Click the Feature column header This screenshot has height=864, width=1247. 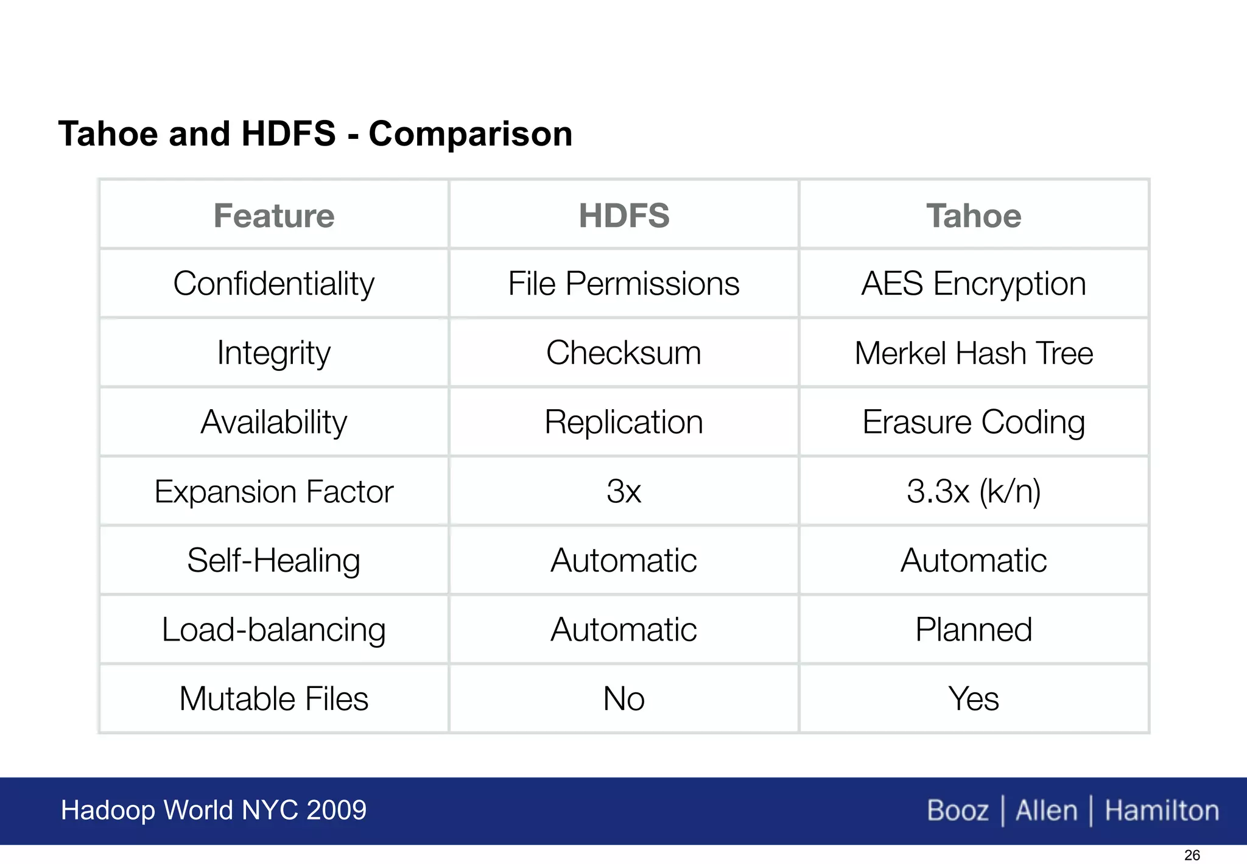(274, 216)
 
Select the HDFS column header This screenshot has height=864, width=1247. (624, 216)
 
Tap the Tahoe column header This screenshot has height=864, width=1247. (974, 216)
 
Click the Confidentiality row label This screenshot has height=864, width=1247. (274, 284)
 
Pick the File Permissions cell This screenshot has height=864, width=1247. (624, 284)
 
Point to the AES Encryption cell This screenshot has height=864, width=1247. (974, 284)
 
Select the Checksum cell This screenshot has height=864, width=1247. (624, 353)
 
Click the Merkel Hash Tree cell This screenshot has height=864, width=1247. (974, 353)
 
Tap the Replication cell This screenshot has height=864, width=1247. (624, 422)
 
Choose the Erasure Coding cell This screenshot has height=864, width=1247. (974, 422)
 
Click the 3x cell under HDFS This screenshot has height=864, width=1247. (624, 491)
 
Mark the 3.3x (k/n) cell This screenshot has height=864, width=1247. (974, 491)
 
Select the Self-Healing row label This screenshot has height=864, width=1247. (274, 560)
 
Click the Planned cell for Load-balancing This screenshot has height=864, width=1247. (974, 630)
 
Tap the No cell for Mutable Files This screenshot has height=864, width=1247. (624, 698)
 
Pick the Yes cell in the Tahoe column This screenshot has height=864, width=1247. (974, 698)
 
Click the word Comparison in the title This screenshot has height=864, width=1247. (471, 134)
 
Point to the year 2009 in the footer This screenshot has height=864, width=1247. (336, 810)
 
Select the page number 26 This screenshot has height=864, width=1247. (1192, 855)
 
